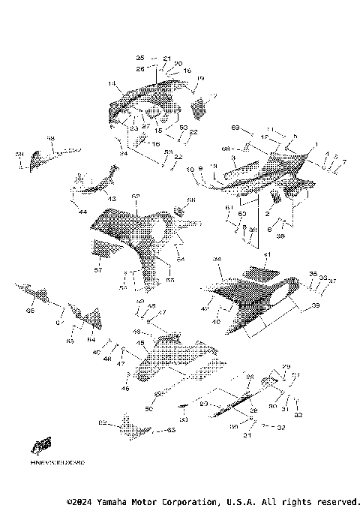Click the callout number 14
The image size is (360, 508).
coord(111,83)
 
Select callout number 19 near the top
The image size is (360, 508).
coord(200,78)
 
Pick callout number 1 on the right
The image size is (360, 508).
coord(316,144)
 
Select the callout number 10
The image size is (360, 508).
coord(190,169)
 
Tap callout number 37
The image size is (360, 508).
coord(332,281)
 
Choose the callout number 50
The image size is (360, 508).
coord(148,409)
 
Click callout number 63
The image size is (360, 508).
coord(170,430)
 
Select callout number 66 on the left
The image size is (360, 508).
coord(30,310)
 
